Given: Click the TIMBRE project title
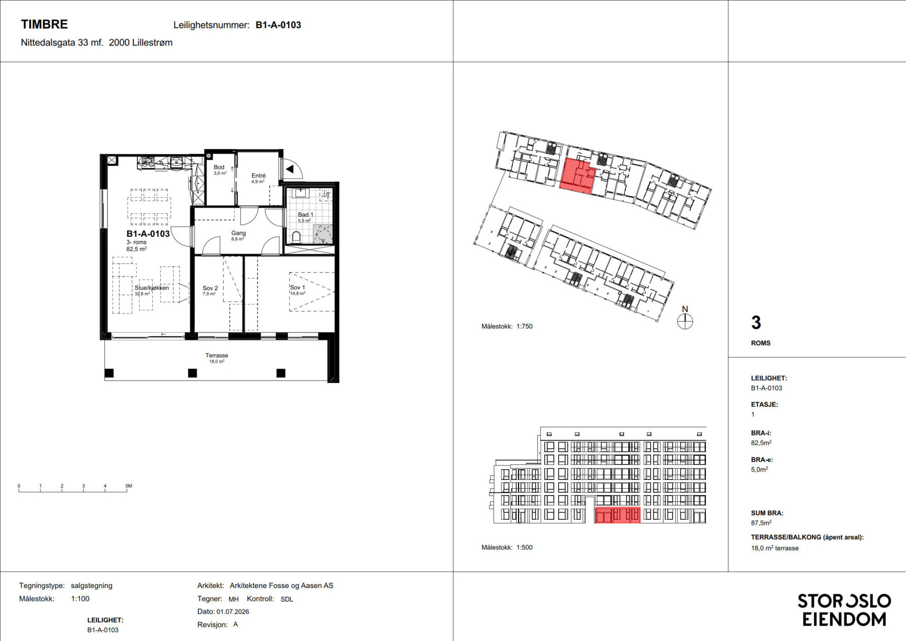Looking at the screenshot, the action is tap(44, 24).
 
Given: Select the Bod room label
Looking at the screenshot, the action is tap(219, 167).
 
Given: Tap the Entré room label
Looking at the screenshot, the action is tap(258, 175).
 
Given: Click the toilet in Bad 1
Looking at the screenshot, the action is tap(296, 236).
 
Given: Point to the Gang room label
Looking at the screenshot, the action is tap(238, 233).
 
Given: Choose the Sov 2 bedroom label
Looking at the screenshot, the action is tap(210, 288).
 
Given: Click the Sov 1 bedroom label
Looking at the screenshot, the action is tap(297, 287).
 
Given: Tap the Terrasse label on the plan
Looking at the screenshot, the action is tap(217, 355).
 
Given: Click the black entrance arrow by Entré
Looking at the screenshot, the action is tap(289, 169).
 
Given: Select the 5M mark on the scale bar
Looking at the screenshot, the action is tap(129, 486).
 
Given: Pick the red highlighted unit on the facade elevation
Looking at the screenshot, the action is tap(617, 515).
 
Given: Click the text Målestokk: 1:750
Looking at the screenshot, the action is tap(507, 326).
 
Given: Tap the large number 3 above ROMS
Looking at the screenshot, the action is tap(756, 323).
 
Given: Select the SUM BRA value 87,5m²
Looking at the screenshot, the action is tap(761, 523).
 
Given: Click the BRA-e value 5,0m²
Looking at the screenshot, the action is tap(759, 469).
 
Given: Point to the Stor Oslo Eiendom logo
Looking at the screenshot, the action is tap(844, 610).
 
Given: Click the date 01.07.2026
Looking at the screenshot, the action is tap(233, 611).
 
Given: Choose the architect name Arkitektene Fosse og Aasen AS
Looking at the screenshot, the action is tap(281, 585).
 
